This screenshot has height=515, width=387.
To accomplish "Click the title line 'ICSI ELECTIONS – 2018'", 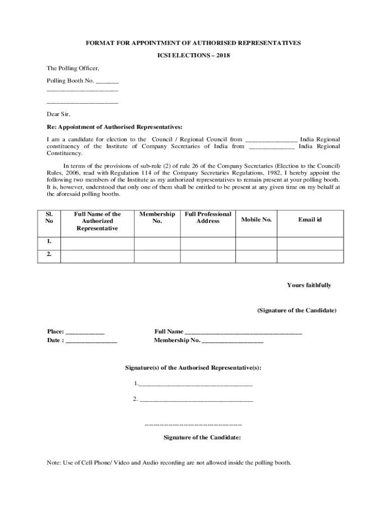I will [x=193, y=55].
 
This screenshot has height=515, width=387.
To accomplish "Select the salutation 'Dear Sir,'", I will [x=59, y=114].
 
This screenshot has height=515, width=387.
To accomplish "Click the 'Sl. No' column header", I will [x=49, y=217].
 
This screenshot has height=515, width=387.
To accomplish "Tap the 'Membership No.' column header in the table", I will [x=157, y=217].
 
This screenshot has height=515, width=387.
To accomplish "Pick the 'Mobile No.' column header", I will [x=256, y=220].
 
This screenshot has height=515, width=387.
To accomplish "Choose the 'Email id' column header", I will [x=310, y=220].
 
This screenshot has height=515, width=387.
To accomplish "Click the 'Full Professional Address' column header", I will [x=208, y=217].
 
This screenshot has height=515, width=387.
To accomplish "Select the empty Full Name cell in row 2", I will [x=97, y=255].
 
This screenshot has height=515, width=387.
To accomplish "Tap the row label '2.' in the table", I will [x=49, y=255].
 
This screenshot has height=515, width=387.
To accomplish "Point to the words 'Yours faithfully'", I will [x=309, y=285].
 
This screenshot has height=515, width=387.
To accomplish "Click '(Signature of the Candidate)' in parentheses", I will [x=297, y=310].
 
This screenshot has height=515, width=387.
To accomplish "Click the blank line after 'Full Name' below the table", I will [x=243, y=332].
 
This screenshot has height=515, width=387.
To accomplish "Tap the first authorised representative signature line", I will [x=196, y=384].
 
